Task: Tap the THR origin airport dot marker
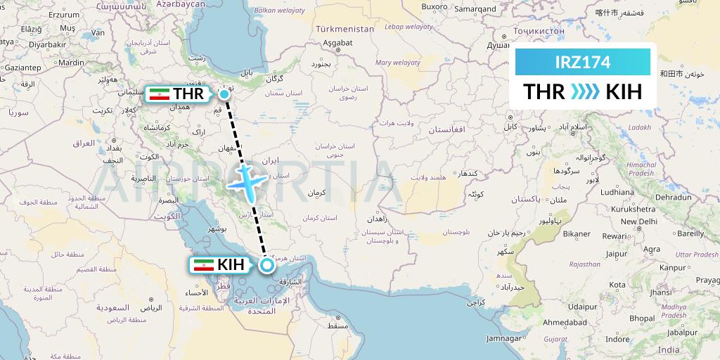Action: (224, 94)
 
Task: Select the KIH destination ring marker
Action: (266, 265)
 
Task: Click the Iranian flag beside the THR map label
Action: (159, 94)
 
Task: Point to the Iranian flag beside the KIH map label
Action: (203, 265)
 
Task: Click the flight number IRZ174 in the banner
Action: (582, 62)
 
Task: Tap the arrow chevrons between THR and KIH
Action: (583, 92)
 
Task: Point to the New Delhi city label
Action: (639, 221)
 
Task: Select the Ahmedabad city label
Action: (565, 322)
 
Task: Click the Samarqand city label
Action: (476, 8)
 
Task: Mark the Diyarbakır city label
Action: (47, 44)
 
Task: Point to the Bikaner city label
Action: (577, 233)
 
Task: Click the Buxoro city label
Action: (435, 6)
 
